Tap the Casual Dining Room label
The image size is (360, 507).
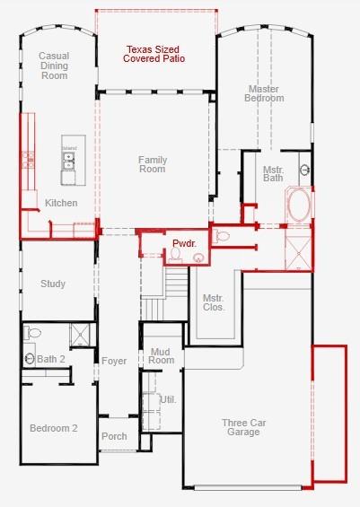click(54, 66)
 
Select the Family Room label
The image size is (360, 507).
click(153, 164)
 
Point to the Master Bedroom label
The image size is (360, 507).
click(264, 92)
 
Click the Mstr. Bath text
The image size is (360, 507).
click(273, 172)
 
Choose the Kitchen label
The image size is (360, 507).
click(61, 203)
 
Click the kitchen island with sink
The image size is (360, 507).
click(68, 158)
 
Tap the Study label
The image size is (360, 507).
click(53, 284)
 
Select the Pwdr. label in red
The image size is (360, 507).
click(183, 243)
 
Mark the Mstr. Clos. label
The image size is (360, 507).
click(213, 302)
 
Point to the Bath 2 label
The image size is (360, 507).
click(51, 359)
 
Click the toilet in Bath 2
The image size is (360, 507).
click(33, 333)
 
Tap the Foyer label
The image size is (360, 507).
click(114, 361)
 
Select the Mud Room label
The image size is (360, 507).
click(162, 355)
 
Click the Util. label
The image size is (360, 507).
click(167, 398)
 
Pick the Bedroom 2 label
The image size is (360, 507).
click(53, 428)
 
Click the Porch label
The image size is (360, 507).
click(114, 437)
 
